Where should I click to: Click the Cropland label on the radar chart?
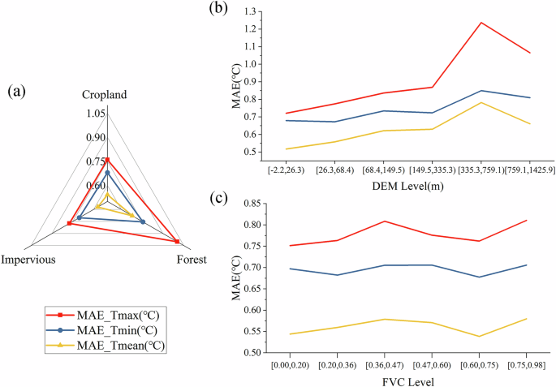(x=104, y=95)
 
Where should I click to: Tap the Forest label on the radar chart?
(x=191, y=260)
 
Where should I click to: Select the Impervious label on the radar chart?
(x=28, y=260)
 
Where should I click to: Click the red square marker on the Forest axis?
(x=176, y=241)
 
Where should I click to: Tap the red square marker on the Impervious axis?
(x=69, y=223)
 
